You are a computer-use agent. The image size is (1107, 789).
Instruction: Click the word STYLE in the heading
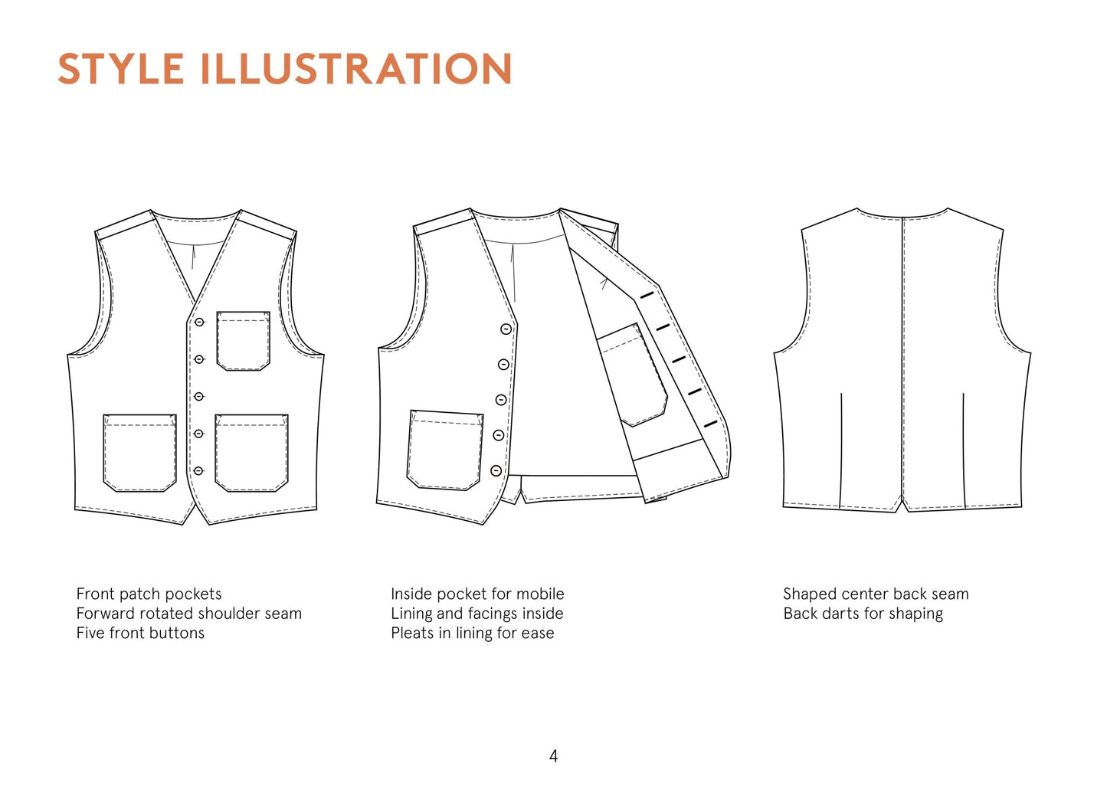(121, 68)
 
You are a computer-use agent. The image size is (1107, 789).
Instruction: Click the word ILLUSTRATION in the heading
(355, 68)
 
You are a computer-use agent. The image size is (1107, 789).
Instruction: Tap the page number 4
(553, 756)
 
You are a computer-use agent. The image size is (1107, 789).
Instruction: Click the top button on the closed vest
(199, 322)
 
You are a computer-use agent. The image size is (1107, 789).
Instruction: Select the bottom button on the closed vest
(198, 471)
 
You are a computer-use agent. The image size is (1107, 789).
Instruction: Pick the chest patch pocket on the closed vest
(243, 341)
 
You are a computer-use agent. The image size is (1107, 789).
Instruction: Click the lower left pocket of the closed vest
(140, 453)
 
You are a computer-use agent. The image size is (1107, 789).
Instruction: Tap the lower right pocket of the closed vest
(251, 453)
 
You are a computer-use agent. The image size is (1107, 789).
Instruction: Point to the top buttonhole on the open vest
(647, 295)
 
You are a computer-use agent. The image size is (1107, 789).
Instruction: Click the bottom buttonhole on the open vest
(710, 424)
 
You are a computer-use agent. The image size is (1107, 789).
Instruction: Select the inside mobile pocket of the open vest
(633, 375)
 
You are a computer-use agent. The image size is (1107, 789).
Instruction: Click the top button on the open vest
(506, 329)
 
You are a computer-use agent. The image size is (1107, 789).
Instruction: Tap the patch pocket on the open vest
(445, 450)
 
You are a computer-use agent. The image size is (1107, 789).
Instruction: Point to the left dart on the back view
(841, 450)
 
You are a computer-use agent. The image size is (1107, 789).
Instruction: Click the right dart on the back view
(963, 450)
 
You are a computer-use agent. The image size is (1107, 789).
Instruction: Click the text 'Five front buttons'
(140, 633)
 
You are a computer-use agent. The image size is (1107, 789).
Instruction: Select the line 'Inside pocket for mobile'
(477, 594)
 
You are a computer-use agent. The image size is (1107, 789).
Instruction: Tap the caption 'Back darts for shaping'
(863, 614)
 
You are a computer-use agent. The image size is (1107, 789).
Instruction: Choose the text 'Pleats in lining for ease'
(473, 633)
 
